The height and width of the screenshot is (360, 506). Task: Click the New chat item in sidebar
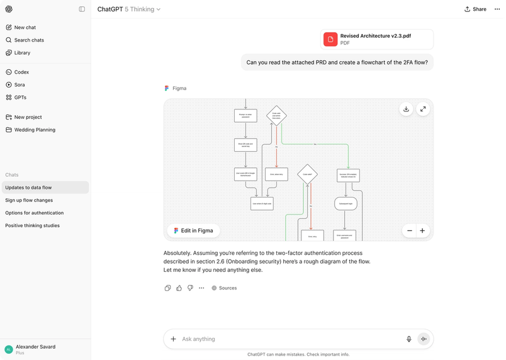25,28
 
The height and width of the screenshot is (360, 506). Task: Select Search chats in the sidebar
28,40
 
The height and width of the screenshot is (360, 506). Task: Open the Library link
22,53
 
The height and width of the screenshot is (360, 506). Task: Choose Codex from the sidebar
21,72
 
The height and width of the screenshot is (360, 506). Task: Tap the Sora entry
20,85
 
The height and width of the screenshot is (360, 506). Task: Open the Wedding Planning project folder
35,130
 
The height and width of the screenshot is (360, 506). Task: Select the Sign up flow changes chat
29,200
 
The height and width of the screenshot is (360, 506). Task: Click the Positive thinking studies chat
32,225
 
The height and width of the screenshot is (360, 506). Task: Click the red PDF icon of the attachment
330,39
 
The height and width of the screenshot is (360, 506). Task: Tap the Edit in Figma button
194,230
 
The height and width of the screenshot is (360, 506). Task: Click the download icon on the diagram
406,109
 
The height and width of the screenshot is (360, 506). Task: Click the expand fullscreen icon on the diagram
423,109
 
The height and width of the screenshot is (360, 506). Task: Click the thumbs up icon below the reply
179,288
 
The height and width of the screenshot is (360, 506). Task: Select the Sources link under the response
224,288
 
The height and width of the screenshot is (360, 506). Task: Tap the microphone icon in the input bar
409,339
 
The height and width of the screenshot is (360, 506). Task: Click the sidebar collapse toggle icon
82,9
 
